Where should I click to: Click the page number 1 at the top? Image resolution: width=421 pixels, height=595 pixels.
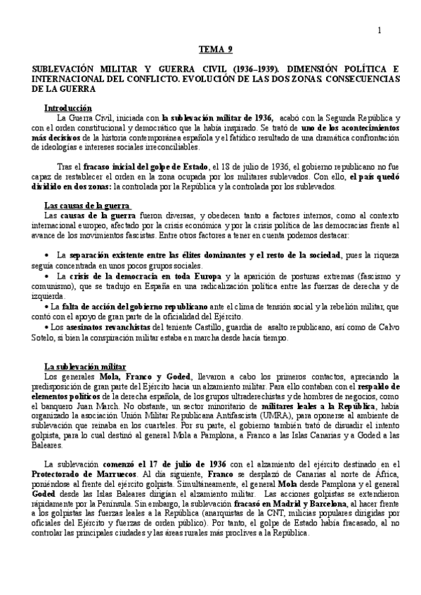[380, 29]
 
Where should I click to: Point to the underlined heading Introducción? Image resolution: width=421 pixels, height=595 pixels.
[68, 109]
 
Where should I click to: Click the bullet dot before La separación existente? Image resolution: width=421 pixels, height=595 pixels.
[46, 253]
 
